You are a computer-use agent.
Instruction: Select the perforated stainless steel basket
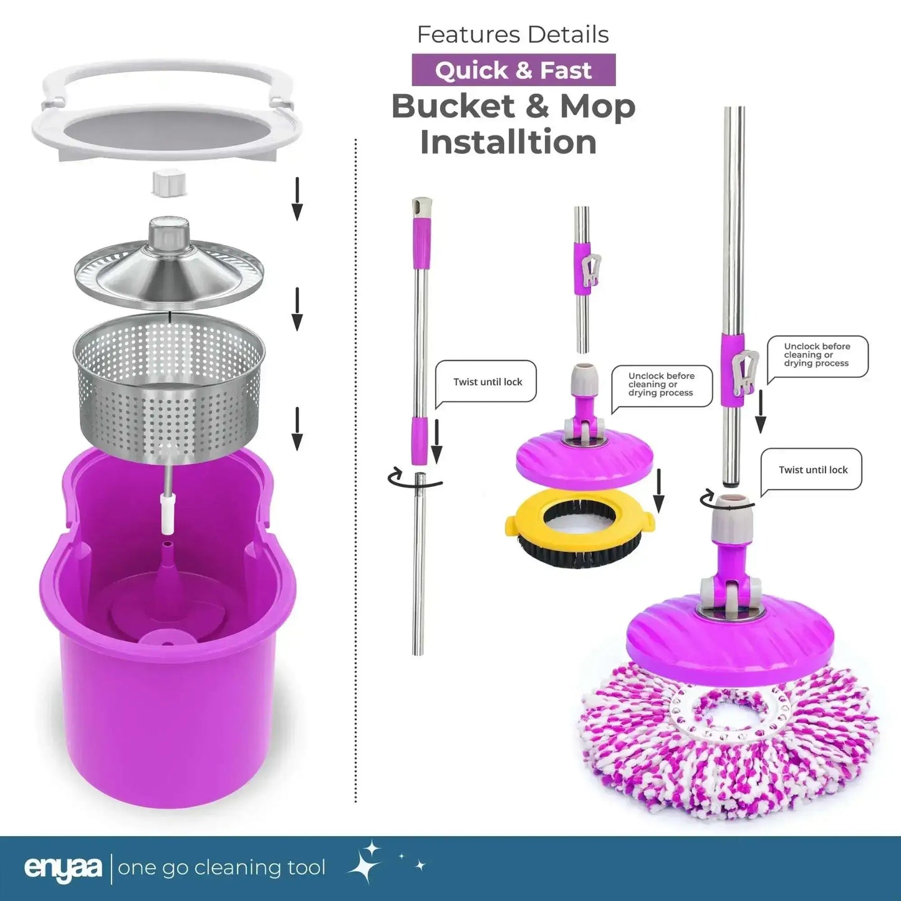pyautogui.click(x=169, y=388)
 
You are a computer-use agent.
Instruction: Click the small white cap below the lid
pyautogui.click(x=169, y=183)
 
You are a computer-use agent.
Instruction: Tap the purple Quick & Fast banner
pyautogui.click(x=513, y=70)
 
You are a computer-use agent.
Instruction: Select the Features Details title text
pyautogui.click(x=513, y=34)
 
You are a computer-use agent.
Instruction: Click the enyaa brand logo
pyautogui.click(x=63, y=868)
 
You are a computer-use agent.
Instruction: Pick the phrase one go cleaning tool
pyautogui.click(x=221, y=868)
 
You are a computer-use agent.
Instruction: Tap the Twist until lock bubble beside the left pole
pyautogui.click(x=487, y=382)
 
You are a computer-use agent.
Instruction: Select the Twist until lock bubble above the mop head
pyautogui.click(x=812, y=470)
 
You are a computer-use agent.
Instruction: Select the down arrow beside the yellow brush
pyautogui.click(x=659, y=491)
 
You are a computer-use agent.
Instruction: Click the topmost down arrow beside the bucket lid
pyautogui.click(x=297, y=199)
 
